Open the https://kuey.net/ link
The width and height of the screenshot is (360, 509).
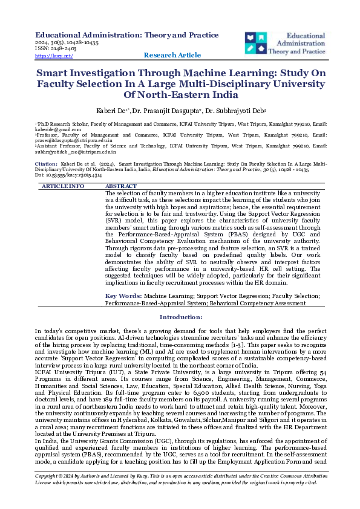click(54, 56)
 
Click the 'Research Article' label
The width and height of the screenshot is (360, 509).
click(172, 55)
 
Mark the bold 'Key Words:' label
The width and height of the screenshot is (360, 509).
click(123, 296)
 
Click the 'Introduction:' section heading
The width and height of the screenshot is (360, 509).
click(180, 317)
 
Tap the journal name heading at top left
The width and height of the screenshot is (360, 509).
click(127, 35)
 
